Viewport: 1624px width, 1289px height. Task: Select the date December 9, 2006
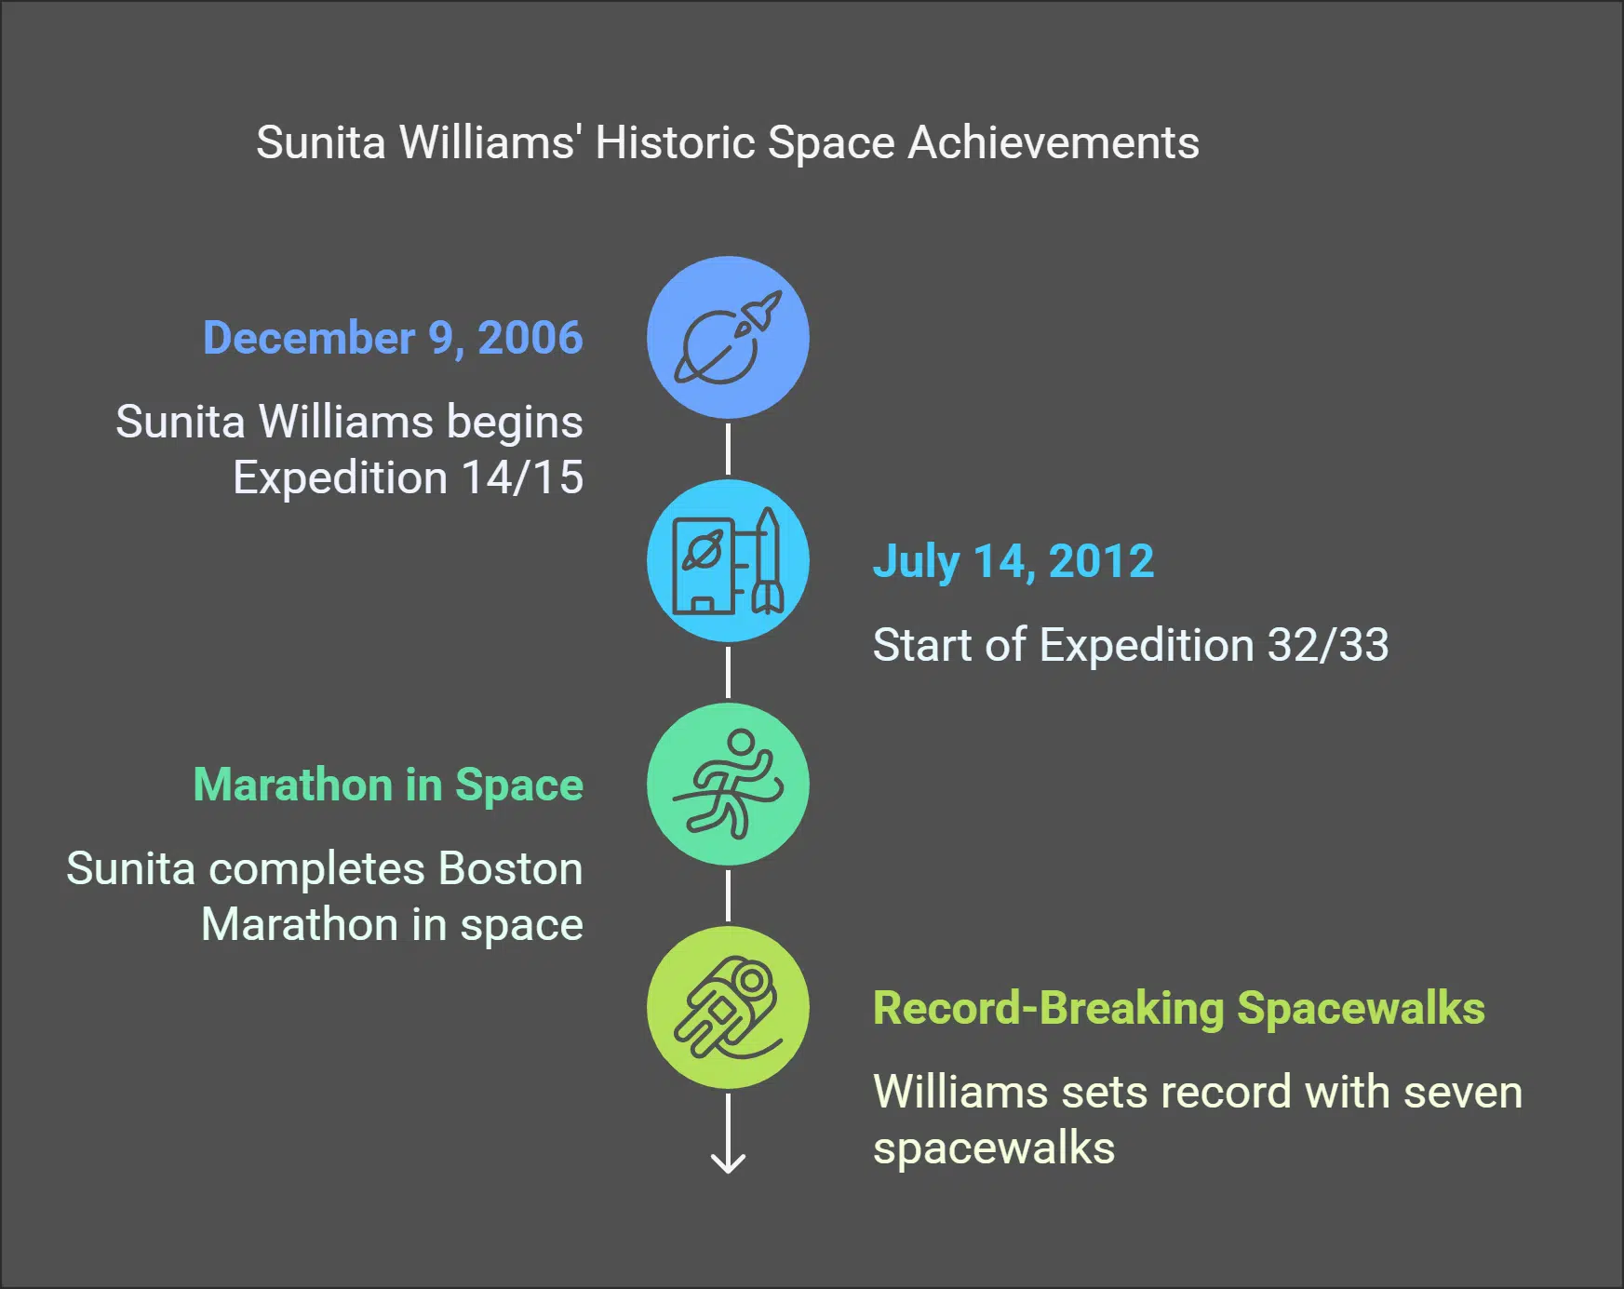[393, 338]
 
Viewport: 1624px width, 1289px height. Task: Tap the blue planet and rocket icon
[728, 337]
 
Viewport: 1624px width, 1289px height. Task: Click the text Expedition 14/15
[408, 478]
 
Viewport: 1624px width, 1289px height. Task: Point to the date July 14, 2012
[1013, 562]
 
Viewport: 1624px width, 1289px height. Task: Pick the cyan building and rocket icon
[728, 560]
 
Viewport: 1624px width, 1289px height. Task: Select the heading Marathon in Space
[388, 785]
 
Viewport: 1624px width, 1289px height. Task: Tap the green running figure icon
[728, 784]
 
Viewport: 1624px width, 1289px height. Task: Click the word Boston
[510, 869]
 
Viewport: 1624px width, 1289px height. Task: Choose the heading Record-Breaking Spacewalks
[1178, 1009]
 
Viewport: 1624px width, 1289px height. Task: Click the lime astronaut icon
[728, 1007]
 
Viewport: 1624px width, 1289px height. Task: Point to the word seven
[1463, 1093]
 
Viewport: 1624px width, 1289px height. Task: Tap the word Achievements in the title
[1053, 143]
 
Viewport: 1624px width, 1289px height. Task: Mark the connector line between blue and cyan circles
[728, 449]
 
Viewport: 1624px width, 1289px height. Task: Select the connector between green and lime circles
[728, 895]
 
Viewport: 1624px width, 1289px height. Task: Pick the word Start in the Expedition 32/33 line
[922, 645]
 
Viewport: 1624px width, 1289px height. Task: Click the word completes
[317, 869]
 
